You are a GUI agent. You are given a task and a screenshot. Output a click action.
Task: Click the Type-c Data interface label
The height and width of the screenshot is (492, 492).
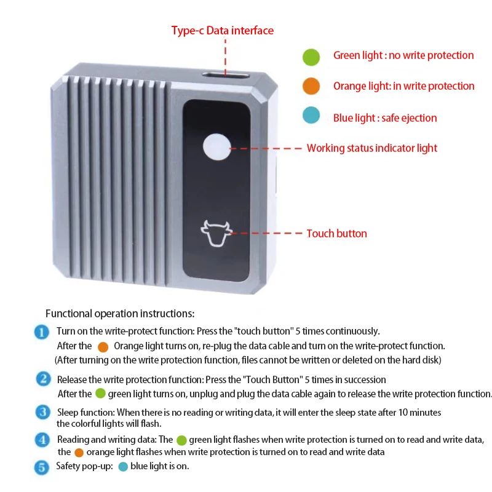coord(223,30)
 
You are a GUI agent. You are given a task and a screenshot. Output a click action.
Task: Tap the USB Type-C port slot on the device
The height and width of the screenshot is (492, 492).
coord(226,75)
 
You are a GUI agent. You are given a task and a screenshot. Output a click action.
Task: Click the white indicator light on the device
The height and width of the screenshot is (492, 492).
coord(217,147)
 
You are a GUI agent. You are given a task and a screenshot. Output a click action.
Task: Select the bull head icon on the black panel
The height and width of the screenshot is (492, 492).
coord(216,233)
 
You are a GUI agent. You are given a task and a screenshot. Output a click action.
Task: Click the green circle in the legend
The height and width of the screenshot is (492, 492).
coord(311,57)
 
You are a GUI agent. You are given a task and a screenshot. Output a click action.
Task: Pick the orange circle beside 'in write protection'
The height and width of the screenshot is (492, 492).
coord(311,86)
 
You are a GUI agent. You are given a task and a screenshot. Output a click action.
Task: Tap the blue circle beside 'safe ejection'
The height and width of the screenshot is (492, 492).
coord(311,115)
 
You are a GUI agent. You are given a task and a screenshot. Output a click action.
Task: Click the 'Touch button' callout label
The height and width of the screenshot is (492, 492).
coord(336,234)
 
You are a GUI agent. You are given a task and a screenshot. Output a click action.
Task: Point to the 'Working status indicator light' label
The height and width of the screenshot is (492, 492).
coord(372,148)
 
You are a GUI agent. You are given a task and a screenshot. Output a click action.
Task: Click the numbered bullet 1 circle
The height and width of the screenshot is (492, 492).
coord(42,332)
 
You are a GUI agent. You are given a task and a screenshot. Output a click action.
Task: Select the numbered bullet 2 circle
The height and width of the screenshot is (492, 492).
coord(43,379)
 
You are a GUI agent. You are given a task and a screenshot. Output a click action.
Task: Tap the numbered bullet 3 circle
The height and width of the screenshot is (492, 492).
coord(43,412)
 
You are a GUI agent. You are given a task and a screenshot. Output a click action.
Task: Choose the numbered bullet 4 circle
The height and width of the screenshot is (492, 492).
coord(42,440)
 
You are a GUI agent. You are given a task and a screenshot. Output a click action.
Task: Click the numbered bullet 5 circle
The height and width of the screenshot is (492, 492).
coord(41,467)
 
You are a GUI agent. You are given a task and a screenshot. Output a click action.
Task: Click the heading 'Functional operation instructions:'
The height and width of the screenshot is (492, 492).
coord(120,314)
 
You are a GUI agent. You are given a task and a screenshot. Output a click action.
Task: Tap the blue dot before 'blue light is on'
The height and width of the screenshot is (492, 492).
coord(123,467)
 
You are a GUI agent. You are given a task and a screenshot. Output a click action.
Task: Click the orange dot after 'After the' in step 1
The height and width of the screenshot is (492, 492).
coord(103,347)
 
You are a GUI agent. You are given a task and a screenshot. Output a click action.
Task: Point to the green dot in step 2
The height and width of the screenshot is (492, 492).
coord(100,393)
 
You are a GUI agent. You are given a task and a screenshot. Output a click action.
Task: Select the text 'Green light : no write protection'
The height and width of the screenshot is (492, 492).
coord(403,55)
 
